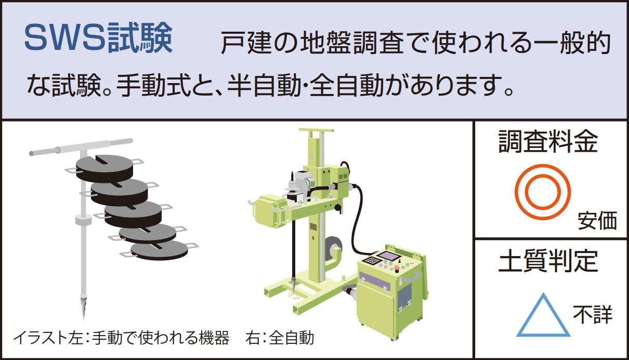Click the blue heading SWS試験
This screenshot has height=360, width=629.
click(x=99, y=38)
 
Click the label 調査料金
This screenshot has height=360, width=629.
click(x=548, y=141)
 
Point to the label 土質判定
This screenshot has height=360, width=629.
click(x=548, y=261)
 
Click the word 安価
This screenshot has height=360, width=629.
click(x=597, y=221)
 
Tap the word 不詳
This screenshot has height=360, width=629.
click(x=593, y=314)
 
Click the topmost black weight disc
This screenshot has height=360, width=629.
click(x=104, y=167)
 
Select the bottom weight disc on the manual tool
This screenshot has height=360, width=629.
click(x=159, y=250)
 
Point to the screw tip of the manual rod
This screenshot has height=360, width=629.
click(x=83, y=307)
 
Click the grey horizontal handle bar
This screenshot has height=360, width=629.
click(x=81, y=147)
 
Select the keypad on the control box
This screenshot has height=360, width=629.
click(x=370, y=261)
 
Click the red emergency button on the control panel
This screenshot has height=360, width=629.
click(x=397, y=270)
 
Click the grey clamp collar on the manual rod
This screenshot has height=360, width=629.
click(x=83, y=220)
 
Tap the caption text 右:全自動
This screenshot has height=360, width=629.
click(x=280, y=338)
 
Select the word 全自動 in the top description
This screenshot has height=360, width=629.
click(x=347, y=85)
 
